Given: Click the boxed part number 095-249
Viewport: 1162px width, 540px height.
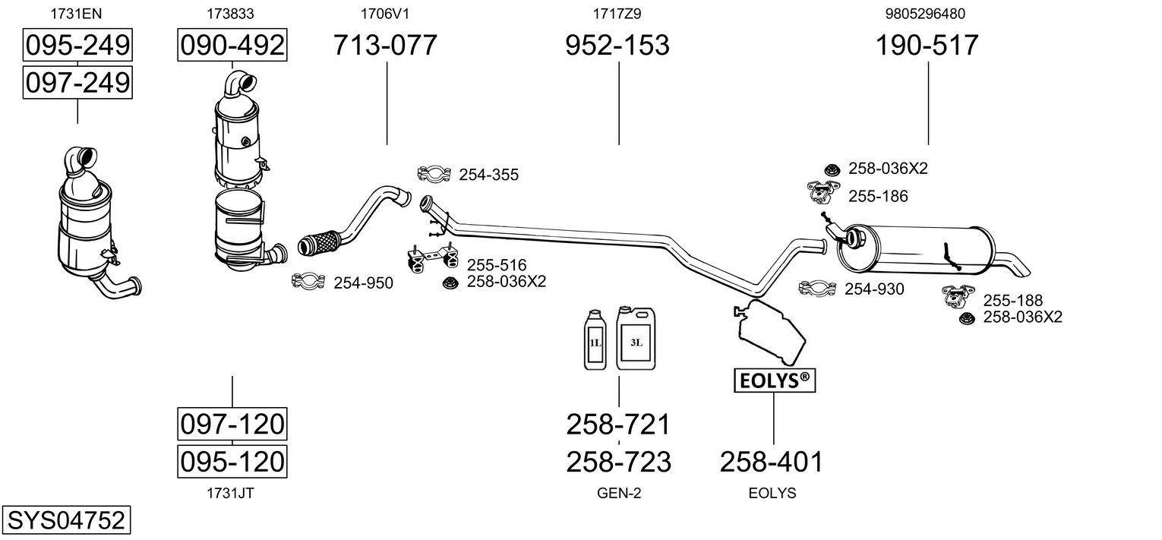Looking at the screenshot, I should tap(77, 46).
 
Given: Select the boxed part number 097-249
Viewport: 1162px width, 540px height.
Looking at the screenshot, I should tap(77, 82).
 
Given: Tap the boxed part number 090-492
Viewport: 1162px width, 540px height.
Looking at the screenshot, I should tap(232, 46).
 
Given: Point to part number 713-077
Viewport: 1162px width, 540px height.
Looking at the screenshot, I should tap(386, 46).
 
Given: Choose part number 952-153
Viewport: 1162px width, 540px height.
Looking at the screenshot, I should tap(617, 46).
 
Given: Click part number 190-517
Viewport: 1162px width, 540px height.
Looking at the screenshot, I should tap(927, 46).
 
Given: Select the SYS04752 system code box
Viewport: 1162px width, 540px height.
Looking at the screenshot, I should tap(65, 521).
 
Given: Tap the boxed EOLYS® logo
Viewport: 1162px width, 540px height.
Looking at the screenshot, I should tap(773, 380).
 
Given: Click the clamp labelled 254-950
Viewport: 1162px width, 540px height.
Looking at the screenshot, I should tap(309, 283).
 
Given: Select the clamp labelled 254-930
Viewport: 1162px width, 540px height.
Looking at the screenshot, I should tap(817, 289).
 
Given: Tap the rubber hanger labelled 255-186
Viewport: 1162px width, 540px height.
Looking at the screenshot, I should tap(823, 194).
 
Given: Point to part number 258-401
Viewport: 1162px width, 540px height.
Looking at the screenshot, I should tap(771, 461).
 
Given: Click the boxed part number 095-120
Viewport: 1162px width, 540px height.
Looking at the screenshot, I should tap(232, 461).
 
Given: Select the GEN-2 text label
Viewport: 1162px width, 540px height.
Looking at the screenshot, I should tap(619, 493).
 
